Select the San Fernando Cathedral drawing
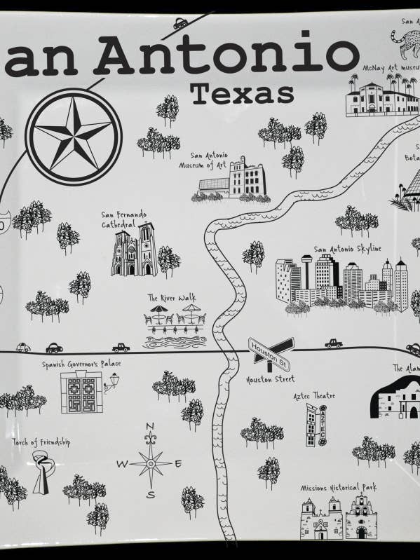point(134,251)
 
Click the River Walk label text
point(172,298)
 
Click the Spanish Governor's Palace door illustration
point(81,392)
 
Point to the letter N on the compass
point(149,427)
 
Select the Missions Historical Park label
point(339,487)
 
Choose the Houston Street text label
point(270,380)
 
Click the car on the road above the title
point(181,23)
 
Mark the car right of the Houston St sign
point(333,343)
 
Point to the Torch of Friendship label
point(41,443)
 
